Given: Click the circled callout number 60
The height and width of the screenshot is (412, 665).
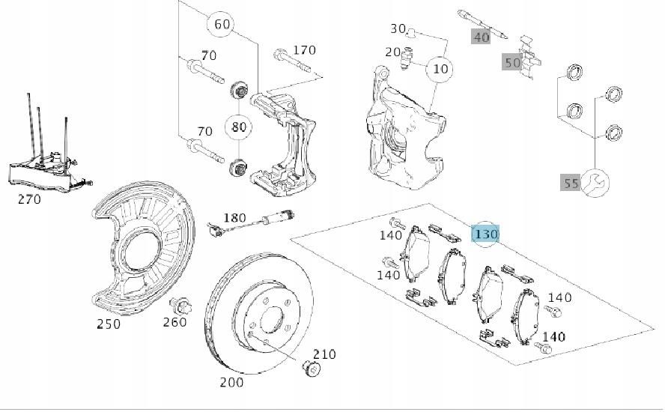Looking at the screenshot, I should coord(222,24).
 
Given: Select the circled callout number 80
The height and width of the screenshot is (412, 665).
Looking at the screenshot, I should coord(238,126).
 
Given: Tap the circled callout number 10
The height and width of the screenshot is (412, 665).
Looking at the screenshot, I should coord(441,69).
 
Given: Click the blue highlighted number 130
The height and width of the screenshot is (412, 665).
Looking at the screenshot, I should coord(485,234).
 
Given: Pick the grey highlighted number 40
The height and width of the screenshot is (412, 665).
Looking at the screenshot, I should coord(480,36).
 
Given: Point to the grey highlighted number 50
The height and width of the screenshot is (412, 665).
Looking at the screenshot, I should coord(511,62).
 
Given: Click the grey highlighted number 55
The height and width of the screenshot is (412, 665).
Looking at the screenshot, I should coord(571,183).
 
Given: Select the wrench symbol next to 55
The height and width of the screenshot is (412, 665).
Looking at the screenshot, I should coord(596,181).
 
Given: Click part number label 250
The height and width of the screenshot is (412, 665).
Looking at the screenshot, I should coord(108,324).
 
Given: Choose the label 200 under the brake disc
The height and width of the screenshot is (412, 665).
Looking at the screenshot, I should coord(231,383).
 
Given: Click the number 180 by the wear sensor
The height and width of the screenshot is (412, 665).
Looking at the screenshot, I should coord(235,218).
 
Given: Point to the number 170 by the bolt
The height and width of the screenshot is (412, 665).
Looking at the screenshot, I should coord(305,51).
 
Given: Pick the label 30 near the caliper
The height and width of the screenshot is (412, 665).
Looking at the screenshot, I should coord(398,28).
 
